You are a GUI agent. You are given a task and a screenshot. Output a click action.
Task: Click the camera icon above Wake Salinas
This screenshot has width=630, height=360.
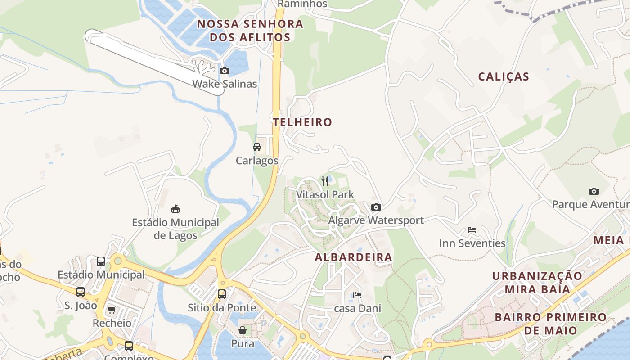coord(224,71)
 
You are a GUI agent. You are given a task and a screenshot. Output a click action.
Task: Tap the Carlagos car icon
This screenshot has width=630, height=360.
coord(257,147)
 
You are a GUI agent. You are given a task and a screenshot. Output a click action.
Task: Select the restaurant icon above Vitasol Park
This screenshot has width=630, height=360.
coord(325,181)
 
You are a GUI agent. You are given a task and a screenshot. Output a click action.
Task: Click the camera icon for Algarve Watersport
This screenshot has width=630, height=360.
coord(376,207)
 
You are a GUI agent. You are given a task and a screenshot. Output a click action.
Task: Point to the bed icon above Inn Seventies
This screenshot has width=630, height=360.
coord(472,230)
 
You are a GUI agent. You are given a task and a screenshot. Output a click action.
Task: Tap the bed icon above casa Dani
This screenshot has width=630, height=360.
coord(357,295)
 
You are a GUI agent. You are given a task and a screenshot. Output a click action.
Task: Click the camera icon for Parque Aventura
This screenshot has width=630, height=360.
coord(594,191)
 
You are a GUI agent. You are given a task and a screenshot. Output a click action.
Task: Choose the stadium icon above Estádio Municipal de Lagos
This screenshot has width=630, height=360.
coord(175,209)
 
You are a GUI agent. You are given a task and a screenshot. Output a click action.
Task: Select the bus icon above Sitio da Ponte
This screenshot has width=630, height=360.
coord(222,294)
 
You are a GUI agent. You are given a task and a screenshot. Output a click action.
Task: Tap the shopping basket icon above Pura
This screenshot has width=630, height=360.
coord(243,330)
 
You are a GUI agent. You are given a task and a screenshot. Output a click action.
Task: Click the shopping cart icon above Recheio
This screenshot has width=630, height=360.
coord(112,310)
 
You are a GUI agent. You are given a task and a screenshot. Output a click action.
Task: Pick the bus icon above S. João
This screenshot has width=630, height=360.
coord(81,292)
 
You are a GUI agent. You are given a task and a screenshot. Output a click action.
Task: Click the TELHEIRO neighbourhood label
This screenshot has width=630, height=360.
coord(302,122)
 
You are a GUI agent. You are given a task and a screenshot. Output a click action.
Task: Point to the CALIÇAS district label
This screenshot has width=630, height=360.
coord(504,76)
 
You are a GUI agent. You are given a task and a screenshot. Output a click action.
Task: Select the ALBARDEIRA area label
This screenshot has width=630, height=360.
coord(353,257)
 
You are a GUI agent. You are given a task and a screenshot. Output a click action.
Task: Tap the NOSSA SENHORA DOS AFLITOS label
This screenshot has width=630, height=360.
coord(250,30)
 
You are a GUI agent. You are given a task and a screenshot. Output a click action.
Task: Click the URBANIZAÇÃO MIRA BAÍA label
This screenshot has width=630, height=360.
coord(537,282)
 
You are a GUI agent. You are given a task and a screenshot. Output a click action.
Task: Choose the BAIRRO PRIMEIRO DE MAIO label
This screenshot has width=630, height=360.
coord(550,324)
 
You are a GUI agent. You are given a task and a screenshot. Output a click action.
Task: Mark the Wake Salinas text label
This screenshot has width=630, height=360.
coord(225,84)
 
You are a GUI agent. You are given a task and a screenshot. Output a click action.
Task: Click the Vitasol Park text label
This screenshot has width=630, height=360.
coord(325,194)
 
